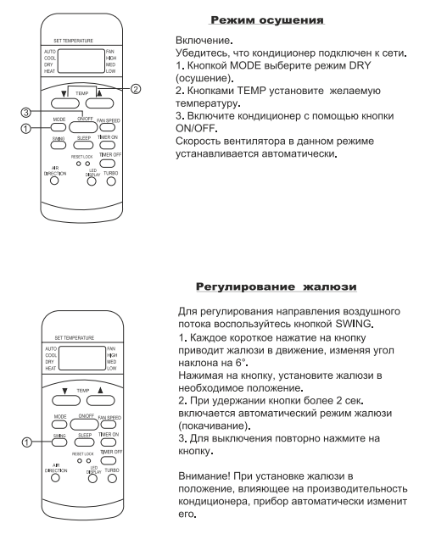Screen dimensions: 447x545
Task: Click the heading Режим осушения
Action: pos(267,19)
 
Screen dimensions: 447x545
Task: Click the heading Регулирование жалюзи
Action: pos(277,286)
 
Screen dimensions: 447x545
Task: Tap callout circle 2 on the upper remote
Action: pos(136,89)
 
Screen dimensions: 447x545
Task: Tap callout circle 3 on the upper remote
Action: pos(26,112)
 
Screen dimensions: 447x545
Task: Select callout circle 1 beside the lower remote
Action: pos(27,442)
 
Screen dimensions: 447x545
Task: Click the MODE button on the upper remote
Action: pos(58,127)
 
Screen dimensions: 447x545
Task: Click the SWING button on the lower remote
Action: pos(59,442)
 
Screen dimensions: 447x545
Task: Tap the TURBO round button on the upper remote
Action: pos(111,181)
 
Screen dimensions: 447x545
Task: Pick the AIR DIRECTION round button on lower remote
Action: pos(55,478)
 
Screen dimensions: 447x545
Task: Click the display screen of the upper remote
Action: pos(81,61)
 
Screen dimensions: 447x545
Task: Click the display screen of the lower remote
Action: pos(82,358)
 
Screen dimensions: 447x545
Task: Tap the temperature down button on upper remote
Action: pos(65,103)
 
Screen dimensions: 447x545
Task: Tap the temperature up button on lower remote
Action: pos(101,400)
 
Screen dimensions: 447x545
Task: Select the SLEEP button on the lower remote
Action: pos(84,442)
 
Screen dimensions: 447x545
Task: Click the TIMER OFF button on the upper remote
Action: pos(108,163)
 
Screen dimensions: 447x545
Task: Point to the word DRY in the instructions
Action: pos(360,65)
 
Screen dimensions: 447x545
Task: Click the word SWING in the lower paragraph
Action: pos(353,324)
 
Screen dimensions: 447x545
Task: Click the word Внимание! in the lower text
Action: pos(204,475)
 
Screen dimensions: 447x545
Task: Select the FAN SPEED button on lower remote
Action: pos(109,425)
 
